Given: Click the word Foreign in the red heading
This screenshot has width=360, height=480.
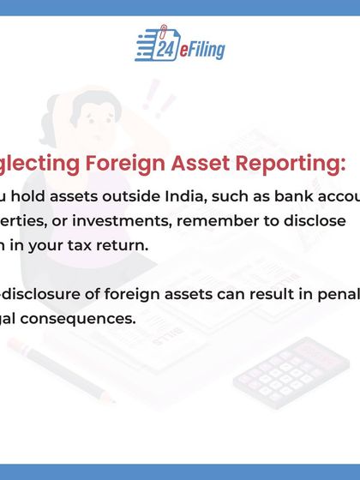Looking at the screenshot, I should [x=143, y=163].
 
